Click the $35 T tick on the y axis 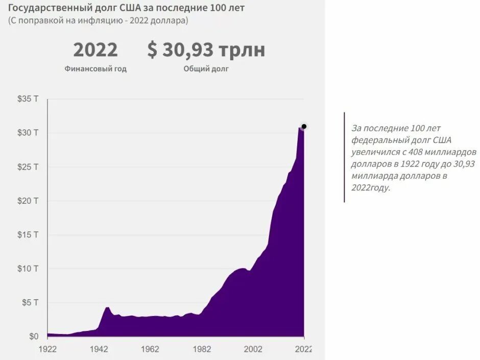pyautogui.click(x=28, y=99)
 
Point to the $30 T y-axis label pyautogui.click(x=28, y=133)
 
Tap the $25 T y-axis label pyautogui.click(x=28, y=167)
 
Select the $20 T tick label pyautogui.click(x=28, y=201)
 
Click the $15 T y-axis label pyautogui.click(x=28, y=235)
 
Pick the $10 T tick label pyautogui.click(x=28, y=269)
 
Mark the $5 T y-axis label pyautogui.click(x=30, y=303)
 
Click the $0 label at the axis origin pyautogui.click(x=33, y=337)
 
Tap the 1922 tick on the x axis pyautogui.click(x=48, y=349)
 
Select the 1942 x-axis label pyautogui.click(x=99, y=349)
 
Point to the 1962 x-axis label pyautogui.click(x=150, y=349)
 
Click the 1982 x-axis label pyautogui.click(x=202, y=349)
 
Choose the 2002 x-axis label pyautogui.click(x=253, y=349)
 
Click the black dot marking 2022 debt pyautogui.click(x=304, y=126)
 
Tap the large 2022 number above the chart pyautogui.click(x=95, y=50)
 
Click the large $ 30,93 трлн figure pyautogui.click(x=206, y=50)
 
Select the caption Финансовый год pyautogui.click(x=95, y=69)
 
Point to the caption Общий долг pyautogui.click(x=206, y=69)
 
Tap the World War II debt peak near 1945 pyautogui.click(x=107, y=307)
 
